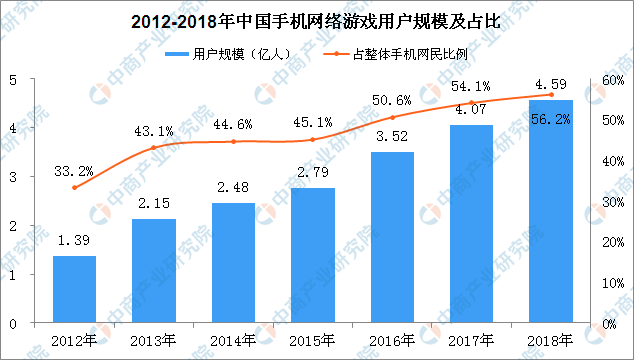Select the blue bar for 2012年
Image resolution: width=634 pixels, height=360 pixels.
(x=74, y=289)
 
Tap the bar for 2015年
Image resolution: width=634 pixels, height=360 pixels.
(x=312, y=255)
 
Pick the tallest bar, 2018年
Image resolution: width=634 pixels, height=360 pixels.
(x=550, y=211)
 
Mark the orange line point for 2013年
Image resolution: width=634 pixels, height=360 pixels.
(x=154, y=148)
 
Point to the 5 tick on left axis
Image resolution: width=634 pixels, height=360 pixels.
(x=13, y=81)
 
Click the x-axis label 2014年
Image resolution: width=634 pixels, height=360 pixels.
(x=233, y=341)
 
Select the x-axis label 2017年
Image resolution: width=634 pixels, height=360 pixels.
(x=471, y=341)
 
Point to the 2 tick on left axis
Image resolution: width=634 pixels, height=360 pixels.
(x=13, y=226)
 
